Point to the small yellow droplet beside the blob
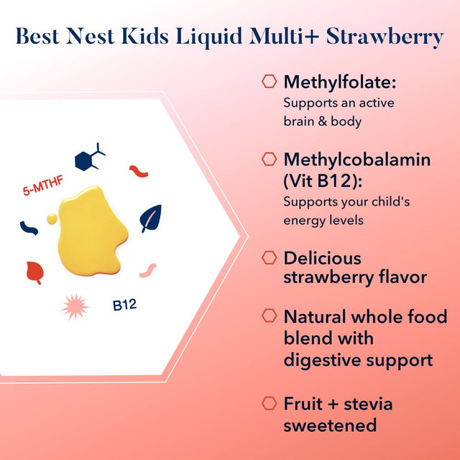[51, 218]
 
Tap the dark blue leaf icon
[151, 218]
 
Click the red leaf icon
[34, 272]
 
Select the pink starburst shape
[75, 308]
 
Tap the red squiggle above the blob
[139, 171]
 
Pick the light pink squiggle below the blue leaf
[147, 270]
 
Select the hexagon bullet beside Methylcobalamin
[270, 159]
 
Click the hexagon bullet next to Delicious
[270, 257]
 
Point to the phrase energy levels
[323, 220]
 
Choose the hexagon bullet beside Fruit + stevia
[270, 403]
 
